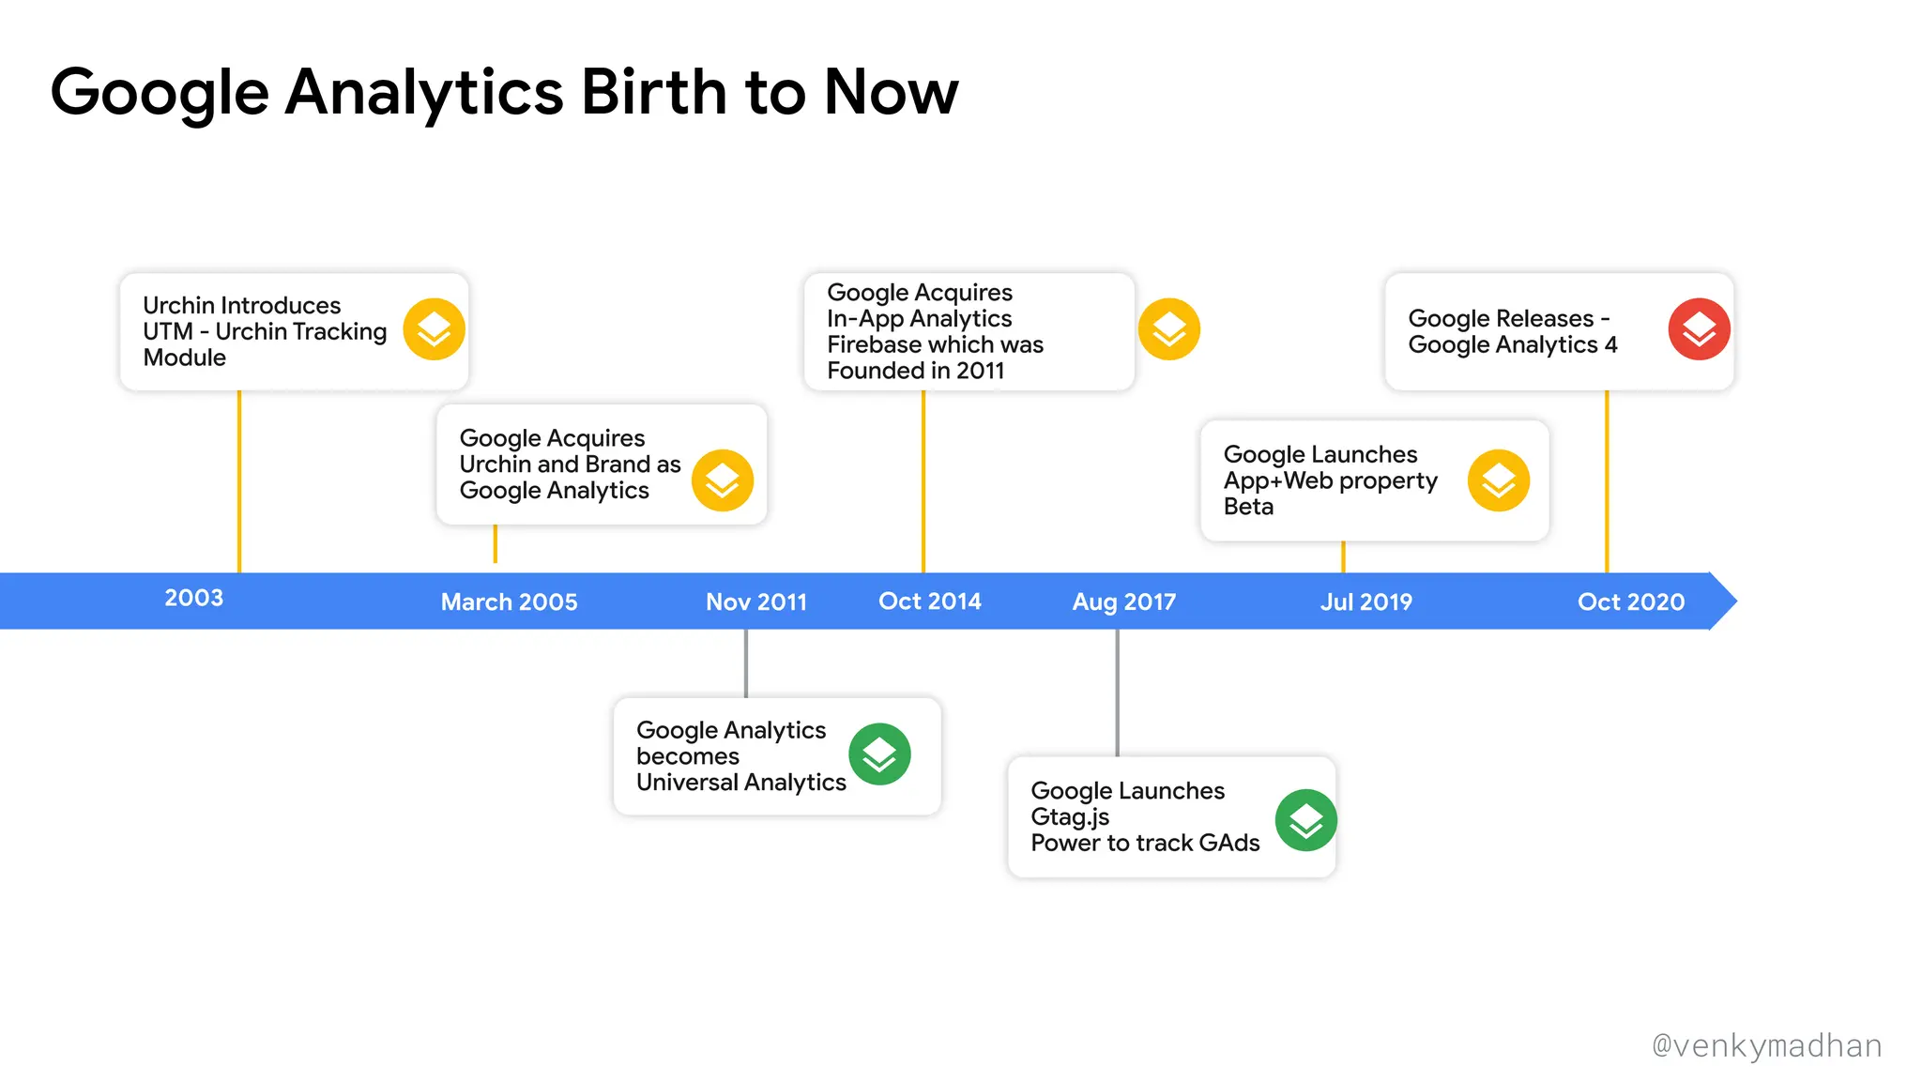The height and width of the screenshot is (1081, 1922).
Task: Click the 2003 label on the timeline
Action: tap(194, 598)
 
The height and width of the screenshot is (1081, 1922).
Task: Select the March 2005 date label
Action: tap(509, 601)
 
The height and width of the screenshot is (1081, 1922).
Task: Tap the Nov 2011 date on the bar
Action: tap(756, 601)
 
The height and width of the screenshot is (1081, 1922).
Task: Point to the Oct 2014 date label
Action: tap(929, 601)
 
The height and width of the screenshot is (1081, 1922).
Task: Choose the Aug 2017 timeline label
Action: tap(1123, 601)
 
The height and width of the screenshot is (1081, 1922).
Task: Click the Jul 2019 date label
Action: tap(1365, 601)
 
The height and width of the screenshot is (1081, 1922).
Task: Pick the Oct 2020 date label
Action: tap(1630, 601)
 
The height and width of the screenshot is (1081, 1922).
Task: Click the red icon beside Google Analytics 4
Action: tap(1699, 329)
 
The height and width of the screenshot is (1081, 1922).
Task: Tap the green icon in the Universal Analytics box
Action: tap(879, 754)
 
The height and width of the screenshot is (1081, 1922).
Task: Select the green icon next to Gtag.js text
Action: tap(1305, 820)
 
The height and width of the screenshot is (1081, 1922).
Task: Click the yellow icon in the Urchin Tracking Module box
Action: tap(434, 329)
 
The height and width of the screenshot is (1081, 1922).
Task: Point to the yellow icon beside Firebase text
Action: tap(1168, 329)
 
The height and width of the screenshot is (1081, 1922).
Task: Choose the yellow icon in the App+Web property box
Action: tap(1498, 480)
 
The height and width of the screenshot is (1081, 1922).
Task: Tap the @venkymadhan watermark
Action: tap(1766, 1045)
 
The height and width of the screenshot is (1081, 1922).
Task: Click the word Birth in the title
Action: tap(653, 92)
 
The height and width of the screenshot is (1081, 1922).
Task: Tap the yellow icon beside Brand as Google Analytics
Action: tap(722, 480)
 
